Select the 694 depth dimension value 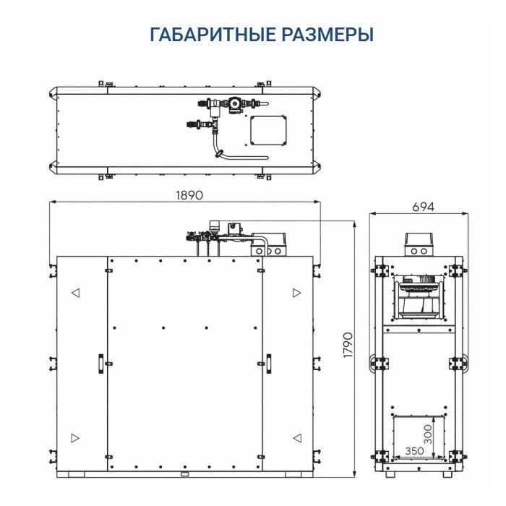click(x=423, y=207)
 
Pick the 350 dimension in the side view click(x=413, y=450)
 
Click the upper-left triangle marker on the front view click(x=74, y=293)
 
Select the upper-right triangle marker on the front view click(x=296, y=293)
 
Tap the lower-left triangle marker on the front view click(x=74, y=438)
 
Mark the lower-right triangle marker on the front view click(x=296, y=438)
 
